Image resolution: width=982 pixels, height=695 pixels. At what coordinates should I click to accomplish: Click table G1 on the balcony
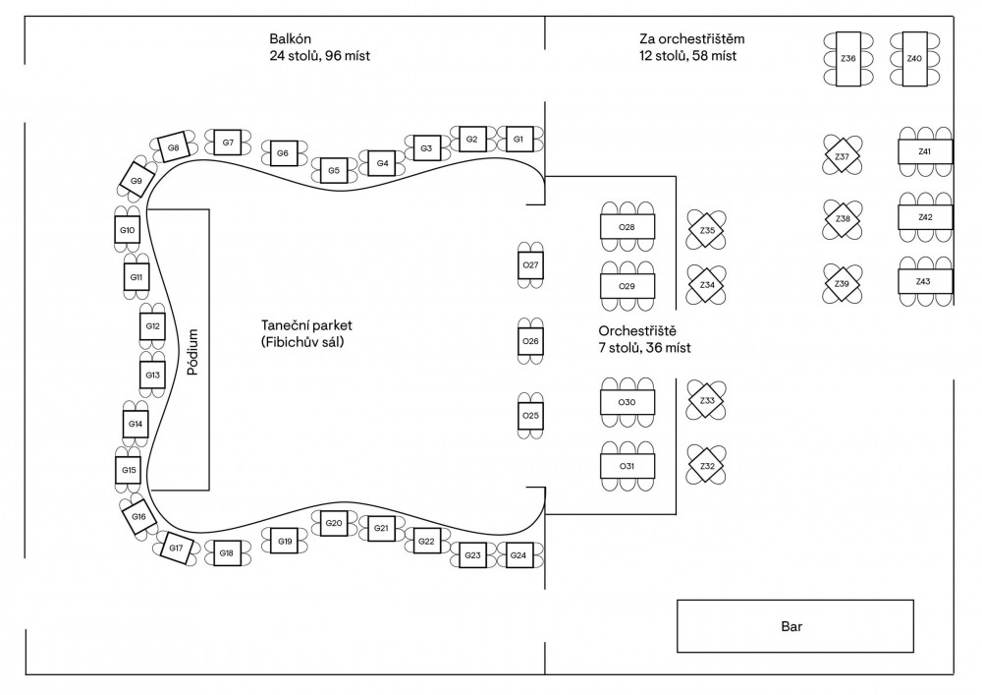coord(517,139)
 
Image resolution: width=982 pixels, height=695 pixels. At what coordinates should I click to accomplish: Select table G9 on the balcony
coord(136,181)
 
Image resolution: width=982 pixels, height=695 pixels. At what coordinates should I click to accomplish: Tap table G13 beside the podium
coord(152,376)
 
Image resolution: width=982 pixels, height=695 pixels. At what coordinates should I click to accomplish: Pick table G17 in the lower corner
coord(176,548)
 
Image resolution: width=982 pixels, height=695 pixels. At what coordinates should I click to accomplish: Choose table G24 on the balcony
coord(518,555)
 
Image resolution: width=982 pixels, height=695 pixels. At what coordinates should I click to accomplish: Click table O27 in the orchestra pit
coord(530,265)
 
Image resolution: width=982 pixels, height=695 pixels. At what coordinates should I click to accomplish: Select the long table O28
coord(627,227)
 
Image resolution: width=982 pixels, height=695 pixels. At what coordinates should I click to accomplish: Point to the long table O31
coord(627,465)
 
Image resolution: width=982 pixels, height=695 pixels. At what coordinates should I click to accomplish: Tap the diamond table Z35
coord(706,231)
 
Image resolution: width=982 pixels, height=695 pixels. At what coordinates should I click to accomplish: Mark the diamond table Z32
coord(706,465)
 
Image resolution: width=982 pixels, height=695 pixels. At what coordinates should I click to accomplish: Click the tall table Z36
coord(848,59)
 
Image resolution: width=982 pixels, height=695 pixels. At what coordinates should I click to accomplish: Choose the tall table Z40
coord(914,59)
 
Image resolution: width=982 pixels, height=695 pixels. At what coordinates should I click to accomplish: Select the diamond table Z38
coord(842,218)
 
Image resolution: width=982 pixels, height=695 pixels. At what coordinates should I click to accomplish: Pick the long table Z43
coord(923,282)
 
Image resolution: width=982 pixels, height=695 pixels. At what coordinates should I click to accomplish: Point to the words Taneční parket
coord(306,324)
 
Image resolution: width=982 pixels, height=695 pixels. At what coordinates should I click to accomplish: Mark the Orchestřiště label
coord(638,329)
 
